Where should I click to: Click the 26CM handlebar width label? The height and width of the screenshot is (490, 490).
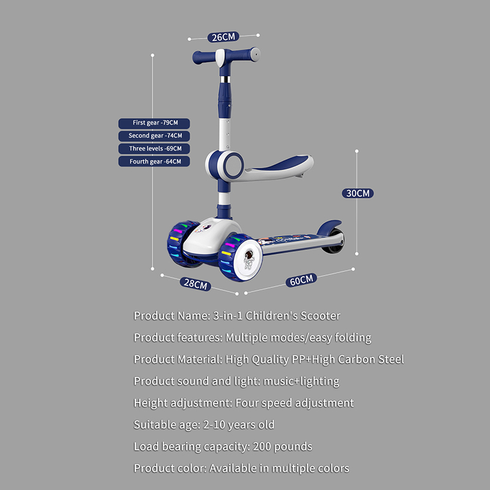(223, 37)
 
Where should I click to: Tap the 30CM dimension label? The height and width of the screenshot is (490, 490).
(358, 193)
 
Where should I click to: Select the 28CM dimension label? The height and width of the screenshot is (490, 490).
(195, 284)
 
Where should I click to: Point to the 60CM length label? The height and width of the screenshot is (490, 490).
(301, 280)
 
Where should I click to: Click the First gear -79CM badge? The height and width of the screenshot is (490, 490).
(154, 123)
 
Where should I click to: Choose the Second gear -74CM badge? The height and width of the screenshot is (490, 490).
(154, 136)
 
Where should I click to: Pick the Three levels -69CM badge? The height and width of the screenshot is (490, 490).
(154, 149)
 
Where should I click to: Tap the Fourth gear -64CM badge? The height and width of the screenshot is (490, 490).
(154, 162)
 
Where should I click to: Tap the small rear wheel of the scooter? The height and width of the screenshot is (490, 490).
(334, 241)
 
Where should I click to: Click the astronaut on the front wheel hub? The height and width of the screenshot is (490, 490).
(249, 259)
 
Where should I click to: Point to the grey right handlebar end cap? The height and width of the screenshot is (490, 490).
(255, 55)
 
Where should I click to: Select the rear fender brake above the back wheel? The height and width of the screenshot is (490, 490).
(329, 227)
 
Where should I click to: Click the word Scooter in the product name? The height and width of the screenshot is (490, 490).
(320, 316)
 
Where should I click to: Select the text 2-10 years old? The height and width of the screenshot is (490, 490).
(239, 424)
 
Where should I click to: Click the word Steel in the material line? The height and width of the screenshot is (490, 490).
(391, 360)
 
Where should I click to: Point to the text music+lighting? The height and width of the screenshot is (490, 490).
(301, 381)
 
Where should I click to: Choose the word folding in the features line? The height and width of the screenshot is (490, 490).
(353, 338)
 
